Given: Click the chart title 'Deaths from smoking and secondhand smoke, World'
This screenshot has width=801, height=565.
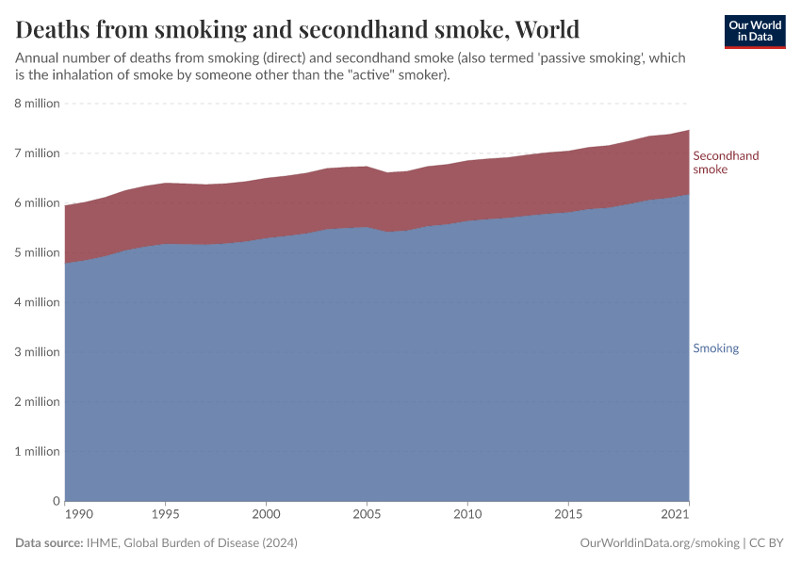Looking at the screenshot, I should [x=298, y=29].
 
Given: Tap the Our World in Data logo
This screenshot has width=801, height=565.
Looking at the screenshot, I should [x=754, y=31].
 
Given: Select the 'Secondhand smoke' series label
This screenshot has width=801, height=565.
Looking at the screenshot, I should [x=726, y=162].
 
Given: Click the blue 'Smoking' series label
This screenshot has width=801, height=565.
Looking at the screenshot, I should [x=715, y=348].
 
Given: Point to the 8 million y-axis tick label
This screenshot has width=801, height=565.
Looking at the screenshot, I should [x=37, y=104].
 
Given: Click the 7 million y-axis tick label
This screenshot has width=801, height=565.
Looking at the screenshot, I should [x=37, y=153].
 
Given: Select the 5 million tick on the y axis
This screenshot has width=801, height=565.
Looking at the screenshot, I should [x=37, y=252].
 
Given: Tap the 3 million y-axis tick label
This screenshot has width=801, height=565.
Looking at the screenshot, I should [x=37, y=352].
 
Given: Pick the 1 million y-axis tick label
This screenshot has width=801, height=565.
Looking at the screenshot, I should [x=37, y=451].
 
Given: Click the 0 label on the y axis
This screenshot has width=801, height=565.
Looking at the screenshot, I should [x=56, y=501].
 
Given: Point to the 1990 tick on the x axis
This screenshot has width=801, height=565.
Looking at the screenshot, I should [x=78, y=514].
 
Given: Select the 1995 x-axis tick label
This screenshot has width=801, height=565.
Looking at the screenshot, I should [x=165, y=514].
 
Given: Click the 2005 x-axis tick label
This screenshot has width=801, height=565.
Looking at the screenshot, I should [x=367, y=514].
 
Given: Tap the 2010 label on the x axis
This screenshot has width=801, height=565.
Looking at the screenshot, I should [x=467, y=514].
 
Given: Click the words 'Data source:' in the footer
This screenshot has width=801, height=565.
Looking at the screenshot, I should [x=49, y=543].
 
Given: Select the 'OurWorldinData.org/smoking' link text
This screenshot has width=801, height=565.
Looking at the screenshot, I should [x=660, y=543].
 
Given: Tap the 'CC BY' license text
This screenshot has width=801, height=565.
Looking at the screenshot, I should [x=767, y=543].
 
